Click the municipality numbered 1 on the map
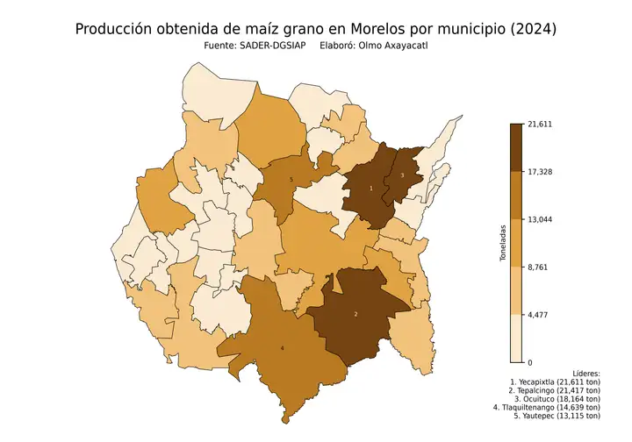(370, 189)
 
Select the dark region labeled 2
(355, 313)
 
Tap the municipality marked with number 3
(402, 176)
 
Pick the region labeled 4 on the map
(282, 349)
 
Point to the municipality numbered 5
(291, 180)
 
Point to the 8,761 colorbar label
(536, 267)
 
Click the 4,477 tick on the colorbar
(536, 314)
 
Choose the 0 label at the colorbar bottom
(529, 361)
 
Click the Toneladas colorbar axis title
(503, 243)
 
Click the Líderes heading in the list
(581, 374)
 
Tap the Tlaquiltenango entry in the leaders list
(555, 407)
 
